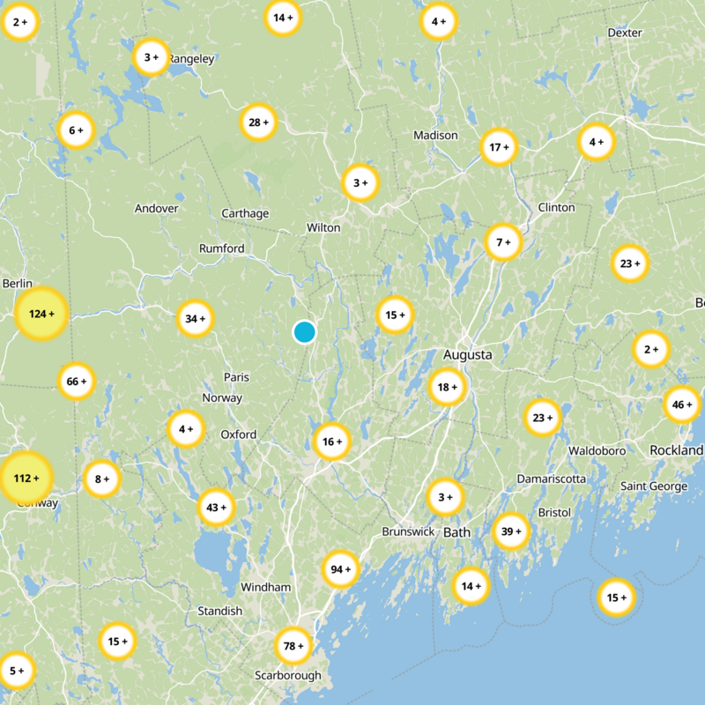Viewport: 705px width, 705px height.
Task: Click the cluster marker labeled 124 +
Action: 41,314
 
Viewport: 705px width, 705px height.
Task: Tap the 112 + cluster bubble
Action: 26,478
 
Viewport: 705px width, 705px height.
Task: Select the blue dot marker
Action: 304,332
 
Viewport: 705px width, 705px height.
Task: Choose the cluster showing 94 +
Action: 340,569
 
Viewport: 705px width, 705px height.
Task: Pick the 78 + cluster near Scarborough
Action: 293,647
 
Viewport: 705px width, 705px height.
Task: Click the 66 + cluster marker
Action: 77,382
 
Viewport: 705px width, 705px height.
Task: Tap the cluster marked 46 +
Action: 681,404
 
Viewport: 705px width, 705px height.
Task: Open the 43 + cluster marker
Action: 216,507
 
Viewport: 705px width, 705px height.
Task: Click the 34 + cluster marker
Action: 195,318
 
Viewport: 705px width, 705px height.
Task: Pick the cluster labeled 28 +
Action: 258,122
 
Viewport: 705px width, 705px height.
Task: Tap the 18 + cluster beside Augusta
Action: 448,387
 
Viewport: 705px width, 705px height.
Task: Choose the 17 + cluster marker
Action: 499,147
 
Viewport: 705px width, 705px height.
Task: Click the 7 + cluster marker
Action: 503,242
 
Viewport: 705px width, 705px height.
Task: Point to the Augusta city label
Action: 467,355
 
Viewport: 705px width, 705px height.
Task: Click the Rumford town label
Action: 222,249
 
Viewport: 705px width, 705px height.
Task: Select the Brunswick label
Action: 408,532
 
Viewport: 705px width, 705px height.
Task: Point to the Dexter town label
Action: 625,33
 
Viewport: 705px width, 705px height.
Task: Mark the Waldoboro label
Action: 597,450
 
